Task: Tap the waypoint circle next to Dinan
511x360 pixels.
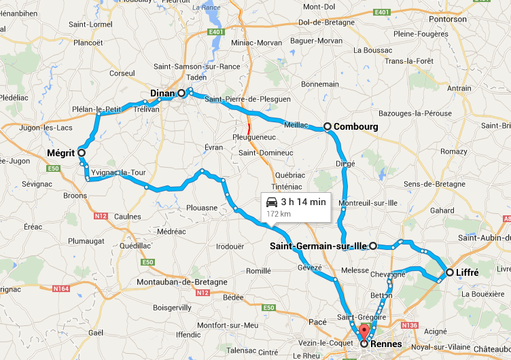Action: [181, 93]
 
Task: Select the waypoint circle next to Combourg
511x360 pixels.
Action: [327, 126]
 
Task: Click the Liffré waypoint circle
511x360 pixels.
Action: [448, 272]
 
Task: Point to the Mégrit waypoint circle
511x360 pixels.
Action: [82, 154]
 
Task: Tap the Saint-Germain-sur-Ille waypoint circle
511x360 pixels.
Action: [373, 246]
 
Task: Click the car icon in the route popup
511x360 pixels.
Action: [272, 202]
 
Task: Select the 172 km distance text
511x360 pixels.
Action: [278, 213]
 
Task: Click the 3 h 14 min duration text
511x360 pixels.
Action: [303, 202]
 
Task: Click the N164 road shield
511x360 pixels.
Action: [60, 289]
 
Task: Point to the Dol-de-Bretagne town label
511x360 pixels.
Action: [326, 22]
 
